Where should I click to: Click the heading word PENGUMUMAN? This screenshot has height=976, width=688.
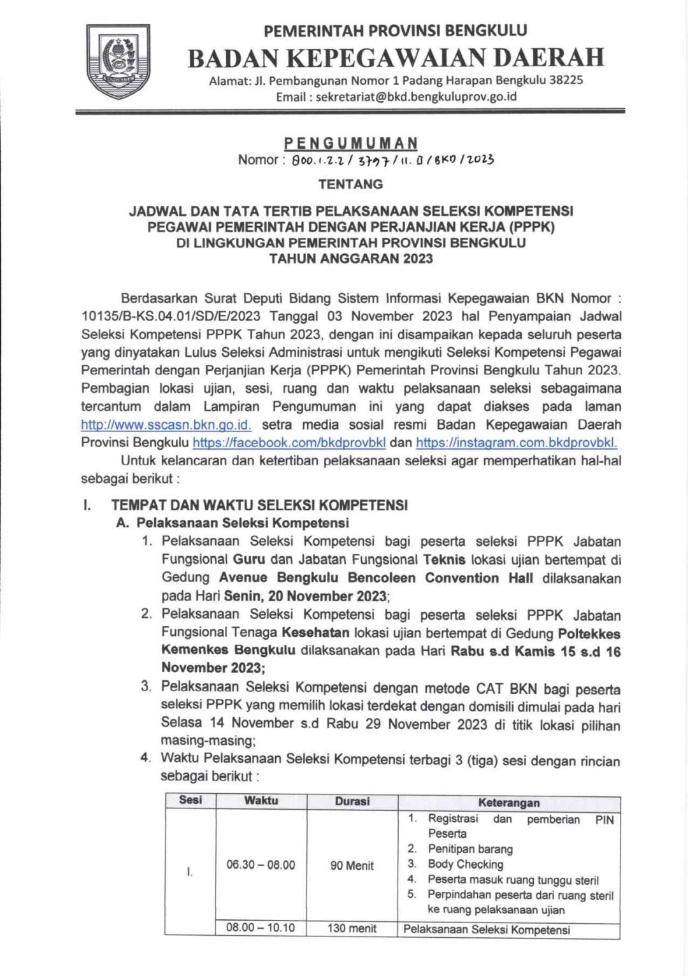click(x=350, y=143)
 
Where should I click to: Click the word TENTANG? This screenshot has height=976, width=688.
click(x=350, y=185)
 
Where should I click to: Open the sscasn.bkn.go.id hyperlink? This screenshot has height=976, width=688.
click(x=166, y=425)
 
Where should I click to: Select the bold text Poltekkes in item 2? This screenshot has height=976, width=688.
click(x=589, y=634)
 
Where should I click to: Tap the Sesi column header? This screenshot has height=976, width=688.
click(x=190, y=801)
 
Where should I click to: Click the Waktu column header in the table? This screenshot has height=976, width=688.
click(x=261, y=801)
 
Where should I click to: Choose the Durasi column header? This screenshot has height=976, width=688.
click(x=352, y=801)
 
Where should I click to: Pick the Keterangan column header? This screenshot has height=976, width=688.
click(x=509, y=803)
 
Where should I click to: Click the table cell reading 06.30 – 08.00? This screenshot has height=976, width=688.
click(x=261, y=865)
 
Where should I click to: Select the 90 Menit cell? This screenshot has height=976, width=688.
click(x=352, y=866)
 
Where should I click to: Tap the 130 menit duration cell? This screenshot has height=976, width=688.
click(x=352, y=928)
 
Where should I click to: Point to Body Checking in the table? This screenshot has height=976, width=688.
click(x=466, y=865)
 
